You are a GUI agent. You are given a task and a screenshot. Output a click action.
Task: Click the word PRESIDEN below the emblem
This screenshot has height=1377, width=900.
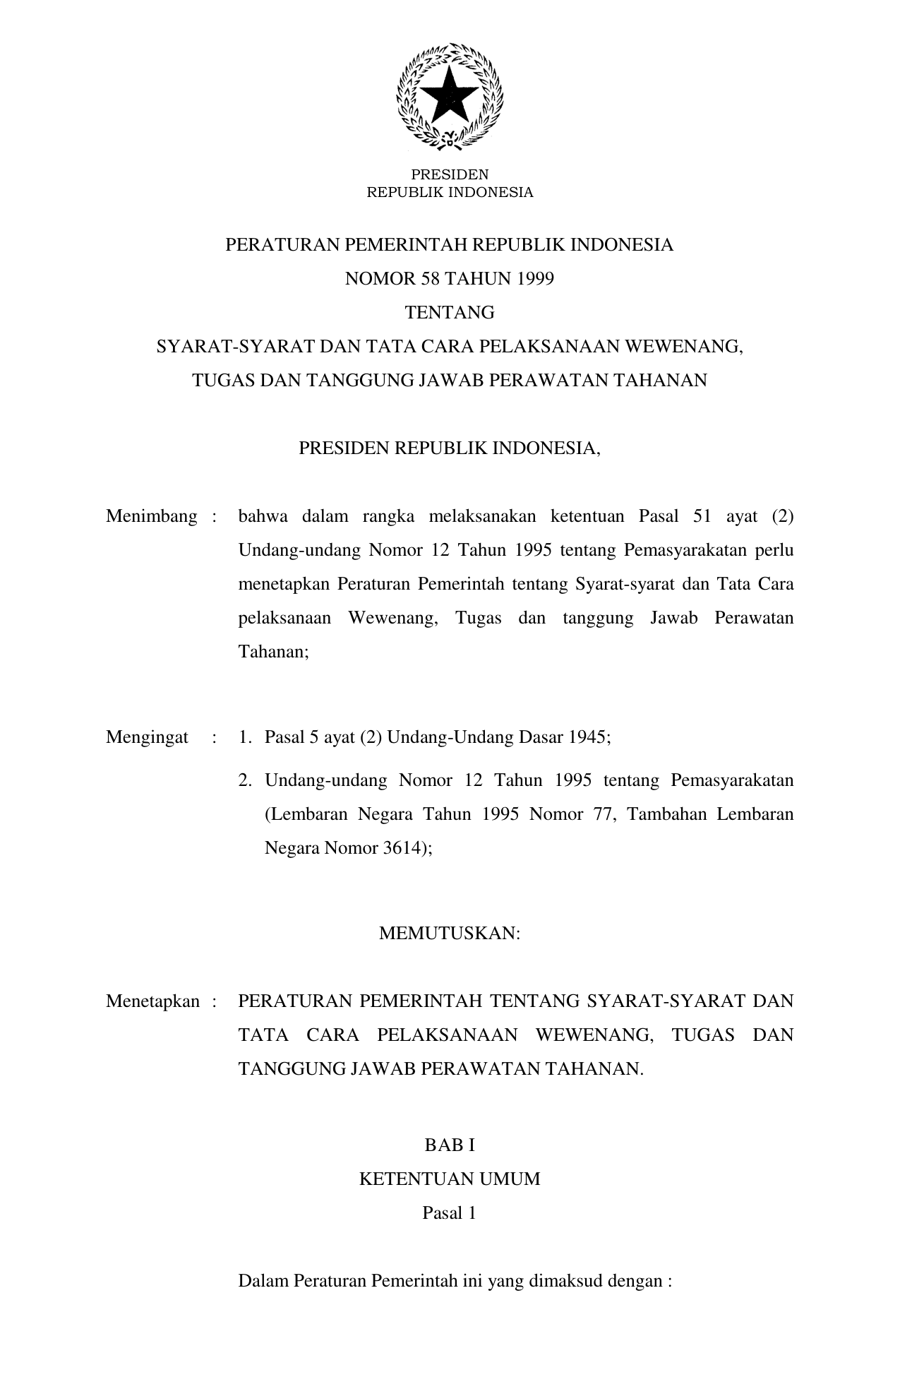[450, 174]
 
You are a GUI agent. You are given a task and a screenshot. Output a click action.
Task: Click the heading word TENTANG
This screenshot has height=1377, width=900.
[450, 313]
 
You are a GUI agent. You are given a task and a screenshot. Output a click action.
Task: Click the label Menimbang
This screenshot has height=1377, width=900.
[152, 516]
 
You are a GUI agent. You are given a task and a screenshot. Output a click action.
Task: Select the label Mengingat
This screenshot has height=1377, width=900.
[148, 737]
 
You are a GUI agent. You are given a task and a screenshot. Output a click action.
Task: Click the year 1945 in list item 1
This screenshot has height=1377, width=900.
[591, 737]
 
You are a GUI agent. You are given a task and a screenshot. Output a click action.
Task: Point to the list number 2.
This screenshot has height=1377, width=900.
[245, 780]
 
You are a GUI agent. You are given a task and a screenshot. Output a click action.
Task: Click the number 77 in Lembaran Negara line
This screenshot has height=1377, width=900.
[604, 814]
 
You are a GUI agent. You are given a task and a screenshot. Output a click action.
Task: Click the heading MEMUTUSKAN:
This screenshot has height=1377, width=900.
[450, 933]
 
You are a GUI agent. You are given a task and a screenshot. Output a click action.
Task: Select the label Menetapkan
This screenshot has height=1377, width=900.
[153, 1001]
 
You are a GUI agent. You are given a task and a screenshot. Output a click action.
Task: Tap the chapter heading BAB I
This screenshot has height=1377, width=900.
[450, 1145]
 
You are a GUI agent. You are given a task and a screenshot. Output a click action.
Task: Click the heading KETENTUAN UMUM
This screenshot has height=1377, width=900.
[450, 1179]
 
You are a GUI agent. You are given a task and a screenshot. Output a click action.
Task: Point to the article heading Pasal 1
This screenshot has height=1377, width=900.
[450, 1213]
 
